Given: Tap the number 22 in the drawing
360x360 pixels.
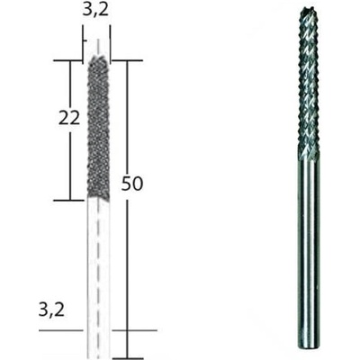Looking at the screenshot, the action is point(69,118).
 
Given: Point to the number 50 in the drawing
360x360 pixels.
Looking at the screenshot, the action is point(132,184).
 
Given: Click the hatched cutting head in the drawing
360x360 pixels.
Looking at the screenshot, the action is point(98,126).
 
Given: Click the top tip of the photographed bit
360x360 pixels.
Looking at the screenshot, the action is point(306,9).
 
